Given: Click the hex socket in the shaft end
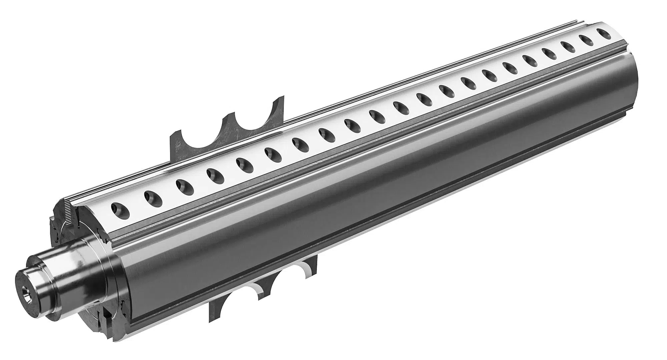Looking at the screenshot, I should click(x=26, y=290).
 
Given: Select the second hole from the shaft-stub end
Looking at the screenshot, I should click(x=153, y=199).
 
